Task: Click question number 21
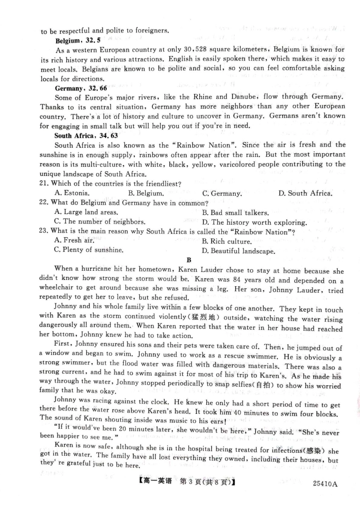[x=44, y=184]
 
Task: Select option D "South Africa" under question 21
[x=305, y=193]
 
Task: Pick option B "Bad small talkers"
[x=235, y=213]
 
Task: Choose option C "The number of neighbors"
[x=99, y=221]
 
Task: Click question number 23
[x=44, y=231]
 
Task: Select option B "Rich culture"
[x=227, y=241]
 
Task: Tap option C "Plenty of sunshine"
[x=89, y=250]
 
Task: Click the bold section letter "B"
[x=189, y=260]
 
